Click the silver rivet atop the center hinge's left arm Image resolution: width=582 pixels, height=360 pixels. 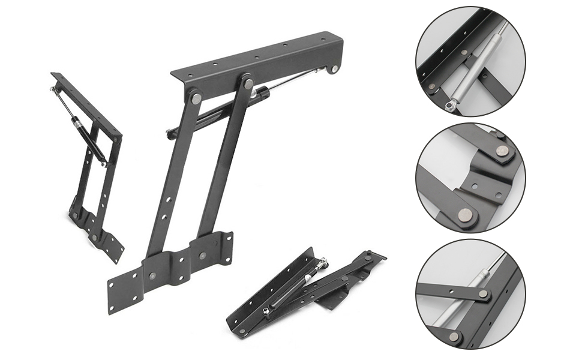click(x=196, y=98)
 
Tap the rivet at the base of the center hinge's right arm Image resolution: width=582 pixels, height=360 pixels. click(x=203, y=256)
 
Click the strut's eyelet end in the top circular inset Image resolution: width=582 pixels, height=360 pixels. click(x=449, y=106)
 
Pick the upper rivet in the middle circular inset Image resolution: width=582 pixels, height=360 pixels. click(x=503, y=151)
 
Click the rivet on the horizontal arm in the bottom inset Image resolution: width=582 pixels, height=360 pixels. click(x=484, y=294)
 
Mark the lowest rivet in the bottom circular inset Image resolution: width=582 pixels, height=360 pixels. click(x=455, y=337)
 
